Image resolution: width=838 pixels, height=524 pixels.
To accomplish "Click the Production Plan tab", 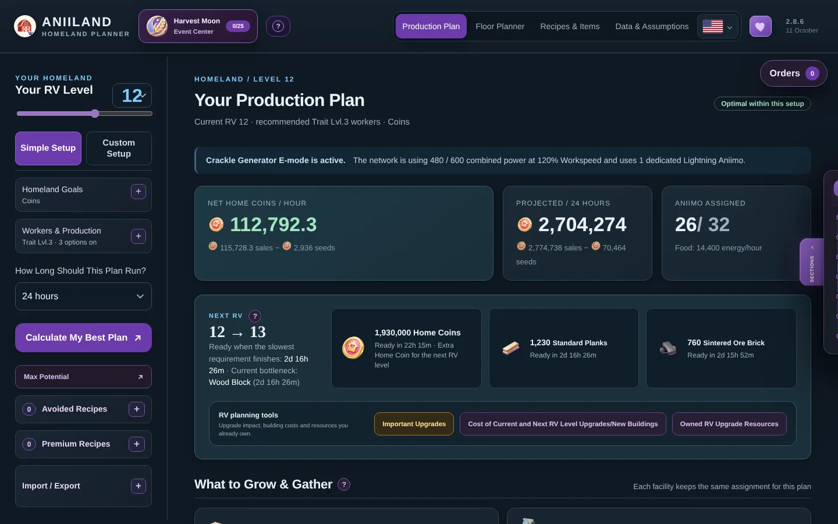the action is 431,26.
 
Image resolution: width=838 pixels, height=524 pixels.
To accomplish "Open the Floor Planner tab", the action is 500,26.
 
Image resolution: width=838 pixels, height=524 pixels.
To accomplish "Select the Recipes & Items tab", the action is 570,26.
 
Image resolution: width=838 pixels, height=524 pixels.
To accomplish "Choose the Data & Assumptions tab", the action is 652,26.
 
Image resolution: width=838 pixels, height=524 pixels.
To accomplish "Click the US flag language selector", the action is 718,27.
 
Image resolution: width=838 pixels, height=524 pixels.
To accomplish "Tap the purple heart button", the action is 760,26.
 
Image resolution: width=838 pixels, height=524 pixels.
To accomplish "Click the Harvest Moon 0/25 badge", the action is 238,26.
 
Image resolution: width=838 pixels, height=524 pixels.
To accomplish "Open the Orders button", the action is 793,73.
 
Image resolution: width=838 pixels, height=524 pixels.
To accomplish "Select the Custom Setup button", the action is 119,148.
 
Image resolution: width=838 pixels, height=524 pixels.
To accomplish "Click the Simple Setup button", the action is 48,148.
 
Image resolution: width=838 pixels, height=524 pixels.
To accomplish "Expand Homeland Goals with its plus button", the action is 139,191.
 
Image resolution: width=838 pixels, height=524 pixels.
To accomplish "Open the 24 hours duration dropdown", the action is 83,296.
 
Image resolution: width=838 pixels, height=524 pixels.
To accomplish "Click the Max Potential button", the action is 83,377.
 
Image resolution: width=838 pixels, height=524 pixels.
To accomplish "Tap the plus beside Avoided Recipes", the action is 137,409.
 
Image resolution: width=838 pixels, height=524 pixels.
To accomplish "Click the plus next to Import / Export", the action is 139,486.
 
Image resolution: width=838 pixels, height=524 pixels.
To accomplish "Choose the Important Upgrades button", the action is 414,424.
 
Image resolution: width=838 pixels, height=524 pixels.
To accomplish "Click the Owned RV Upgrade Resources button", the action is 729,424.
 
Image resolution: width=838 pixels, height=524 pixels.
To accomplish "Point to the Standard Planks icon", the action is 511,348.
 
